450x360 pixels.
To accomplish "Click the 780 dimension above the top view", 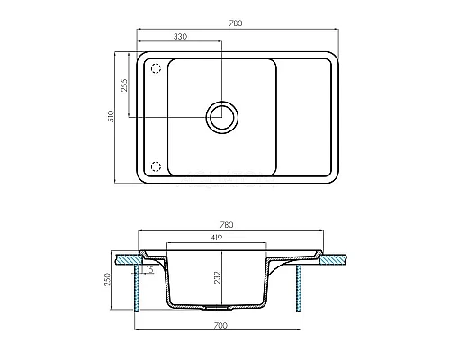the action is (x=236, y=23).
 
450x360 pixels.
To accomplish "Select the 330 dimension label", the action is (x=180, y=37).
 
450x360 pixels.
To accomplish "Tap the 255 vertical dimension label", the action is (x=124, y=85).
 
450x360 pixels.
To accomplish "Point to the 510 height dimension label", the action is (x=111, y=116).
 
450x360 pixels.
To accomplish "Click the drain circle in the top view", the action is (x=222, y=117).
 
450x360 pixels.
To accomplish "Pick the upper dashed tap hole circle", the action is (x=156, y=68).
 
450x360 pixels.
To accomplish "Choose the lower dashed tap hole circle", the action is (x=156, y=166).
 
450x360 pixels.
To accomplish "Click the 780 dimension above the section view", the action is (x=227, y=225).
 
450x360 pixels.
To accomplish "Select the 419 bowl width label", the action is (x=216, y=238).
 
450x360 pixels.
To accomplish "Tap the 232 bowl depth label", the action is (x=217, y=277).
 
